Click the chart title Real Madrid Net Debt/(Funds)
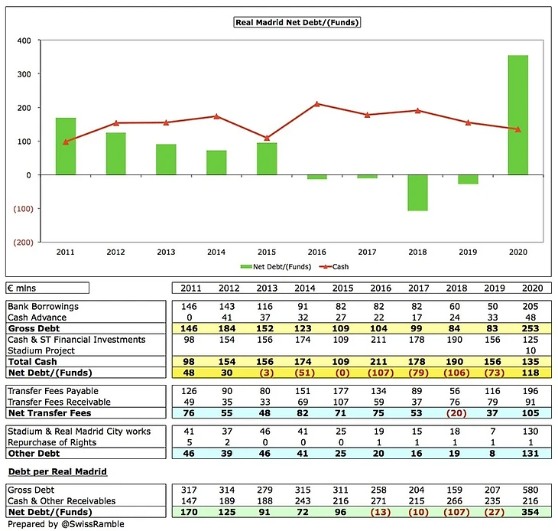click(x=297, y=22)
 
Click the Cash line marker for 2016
click(x=317, y=104)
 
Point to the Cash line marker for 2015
click(x=267, y=138)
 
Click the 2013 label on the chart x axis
click(x=166, y=251)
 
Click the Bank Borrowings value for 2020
click(x=530, y=306)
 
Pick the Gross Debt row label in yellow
click(x=31, y=327)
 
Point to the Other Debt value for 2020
click(x=530, y=453)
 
